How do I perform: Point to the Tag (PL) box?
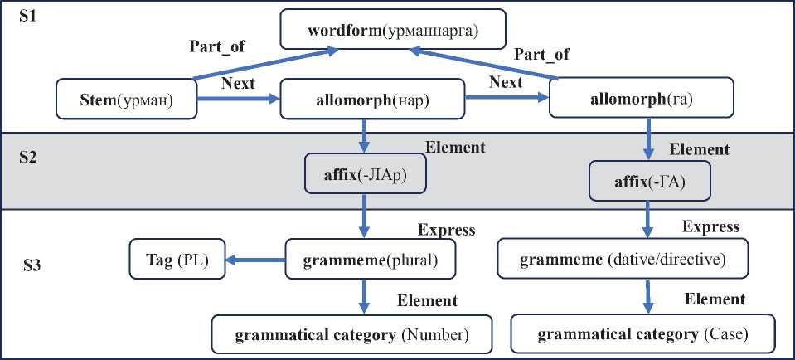(172, 260)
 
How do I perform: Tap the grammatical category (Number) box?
(351, 335)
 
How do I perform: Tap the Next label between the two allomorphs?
(506, 83)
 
